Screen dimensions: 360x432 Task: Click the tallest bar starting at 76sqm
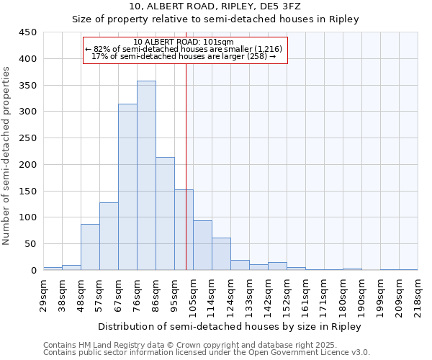[146, 176]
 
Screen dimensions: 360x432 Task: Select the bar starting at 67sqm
[127, 187]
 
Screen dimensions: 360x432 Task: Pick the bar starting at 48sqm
[90, 247]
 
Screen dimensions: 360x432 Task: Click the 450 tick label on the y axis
[29, 32]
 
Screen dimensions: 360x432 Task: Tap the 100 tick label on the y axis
[29, 217]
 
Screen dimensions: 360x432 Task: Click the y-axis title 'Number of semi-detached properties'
[7, 156]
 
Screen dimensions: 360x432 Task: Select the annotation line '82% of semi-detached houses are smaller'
[185, 49]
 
